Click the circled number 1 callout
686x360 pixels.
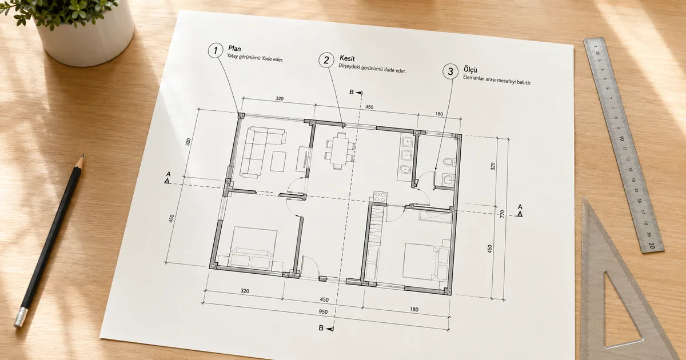pyautogui.click(x=216, y=50)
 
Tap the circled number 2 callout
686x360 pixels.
pyautogui.click(x=326, y=60)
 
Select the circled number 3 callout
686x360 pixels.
pyautogui.click(x=450, y=71)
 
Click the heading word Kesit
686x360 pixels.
pyautogui.click(x=348, y=58)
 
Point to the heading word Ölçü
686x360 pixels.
pyautogui.click(x=470, y=70)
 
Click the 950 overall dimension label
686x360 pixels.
pyautogui.click(x=323, y=312)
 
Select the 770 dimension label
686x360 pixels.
pyautogui.click(x=502, y=214)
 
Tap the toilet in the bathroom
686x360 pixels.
pyautogui.click(x=449, y=162)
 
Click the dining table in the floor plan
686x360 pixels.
pyautogui.click(x=340, y=150)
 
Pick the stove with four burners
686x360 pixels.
pyautogui.click(x=380, y=197)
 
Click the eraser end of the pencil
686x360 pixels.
pyautogui.click(x=21, y=318)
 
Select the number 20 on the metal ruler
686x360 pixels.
pyautogui.click(x=652, y=245)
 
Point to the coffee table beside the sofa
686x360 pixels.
pyautogui.click(x=278, y=161)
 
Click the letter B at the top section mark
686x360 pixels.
pyautogui.click(x=352, y=92)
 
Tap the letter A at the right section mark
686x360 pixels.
pyautogui.click(x=520, y=207)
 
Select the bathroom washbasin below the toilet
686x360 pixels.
pyautogui.click(x=448, y=179)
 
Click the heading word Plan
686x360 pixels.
pyautogui.click(x=234, y=49)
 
